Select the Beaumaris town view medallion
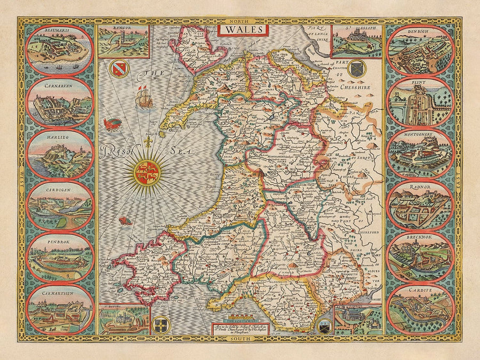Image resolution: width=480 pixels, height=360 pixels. click(60, 50)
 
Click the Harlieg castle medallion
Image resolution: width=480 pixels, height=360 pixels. click(60, 153)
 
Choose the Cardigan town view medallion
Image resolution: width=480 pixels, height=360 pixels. click(60, 205)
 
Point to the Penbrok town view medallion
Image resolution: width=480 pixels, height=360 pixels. click(60, 257)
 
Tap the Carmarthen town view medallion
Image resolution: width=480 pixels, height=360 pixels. click(60, 309)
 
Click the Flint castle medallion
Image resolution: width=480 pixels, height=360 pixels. click(420, 101)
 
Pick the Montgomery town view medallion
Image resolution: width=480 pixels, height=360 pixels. click(420, 153)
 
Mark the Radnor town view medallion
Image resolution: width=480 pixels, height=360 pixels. click(420, 205)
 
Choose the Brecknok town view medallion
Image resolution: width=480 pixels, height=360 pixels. click(420, 257)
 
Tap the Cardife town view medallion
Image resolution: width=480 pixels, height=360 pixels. click(420, 309)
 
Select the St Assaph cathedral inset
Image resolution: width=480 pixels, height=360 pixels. click(356, 41)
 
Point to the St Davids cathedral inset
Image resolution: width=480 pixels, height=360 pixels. click(124, 319)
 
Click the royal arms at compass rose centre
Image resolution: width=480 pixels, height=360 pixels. click(147, 172)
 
